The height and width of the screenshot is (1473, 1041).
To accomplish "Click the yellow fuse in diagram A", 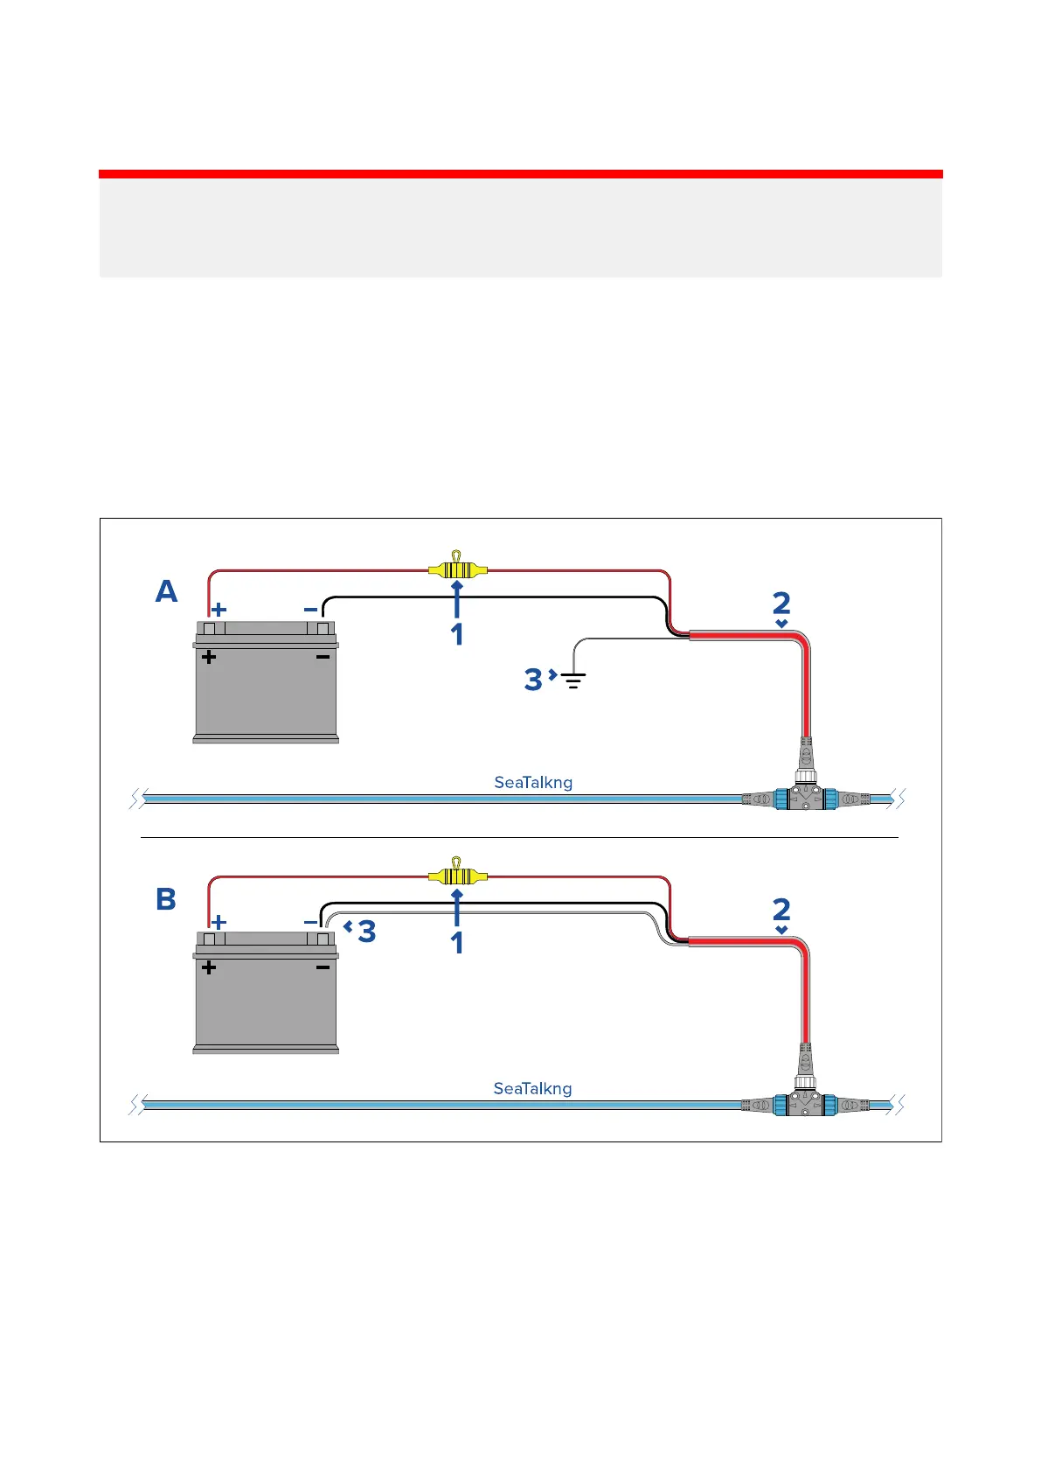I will coord(457,570).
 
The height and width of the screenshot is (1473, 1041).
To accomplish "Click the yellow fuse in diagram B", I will coord(457,876).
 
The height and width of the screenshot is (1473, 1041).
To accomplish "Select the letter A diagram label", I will coord(166,592).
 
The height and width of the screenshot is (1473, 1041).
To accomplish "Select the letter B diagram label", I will coord(166,899).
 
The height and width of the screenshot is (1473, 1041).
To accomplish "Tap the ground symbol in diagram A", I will coord(573,679).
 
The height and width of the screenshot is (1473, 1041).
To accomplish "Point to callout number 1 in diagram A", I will coord(456,635).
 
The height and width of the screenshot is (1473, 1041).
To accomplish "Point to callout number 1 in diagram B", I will coord(456,943).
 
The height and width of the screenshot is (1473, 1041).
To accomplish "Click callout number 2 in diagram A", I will coord(781,603).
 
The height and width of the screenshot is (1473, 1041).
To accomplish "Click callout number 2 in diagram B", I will coord(781,910).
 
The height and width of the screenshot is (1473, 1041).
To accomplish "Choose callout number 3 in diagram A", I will coord(533,680).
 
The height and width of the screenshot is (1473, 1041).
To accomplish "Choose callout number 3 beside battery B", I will coord(367,932).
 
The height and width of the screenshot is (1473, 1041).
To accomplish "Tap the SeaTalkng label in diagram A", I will coord(533,782).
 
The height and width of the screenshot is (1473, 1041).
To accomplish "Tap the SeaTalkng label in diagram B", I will coord(532,1088).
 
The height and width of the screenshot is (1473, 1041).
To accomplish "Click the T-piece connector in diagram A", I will coord(803,796).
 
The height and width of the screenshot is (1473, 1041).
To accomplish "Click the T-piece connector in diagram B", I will coord(803,1103).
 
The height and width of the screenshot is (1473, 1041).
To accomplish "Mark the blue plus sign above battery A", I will coord(219,609).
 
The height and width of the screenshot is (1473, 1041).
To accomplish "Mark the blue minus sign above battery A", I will coord(310,609).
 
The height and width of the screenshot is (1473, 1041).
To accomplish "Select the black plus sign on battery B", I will coord(209,967).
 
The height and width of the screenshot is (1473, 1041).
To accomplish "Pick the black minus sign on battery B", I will coord(323,967).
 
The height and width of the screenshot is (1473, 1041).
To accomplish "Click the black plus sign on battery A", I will coord(209,657).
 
